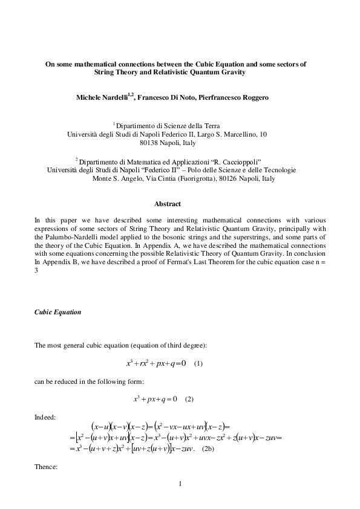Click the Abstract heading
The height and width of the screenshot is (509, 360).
(x=168, y=204)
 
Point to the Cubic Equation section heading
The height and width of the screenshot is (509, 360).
(x=57, y=313)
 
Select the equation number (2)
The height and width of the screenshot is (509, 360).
(x=189, y=399)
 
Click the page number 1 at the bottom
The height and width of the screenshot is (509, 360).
(x=180, y=484)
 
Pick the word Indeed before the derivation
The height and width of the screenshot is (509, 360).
(x=45, y=417)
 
